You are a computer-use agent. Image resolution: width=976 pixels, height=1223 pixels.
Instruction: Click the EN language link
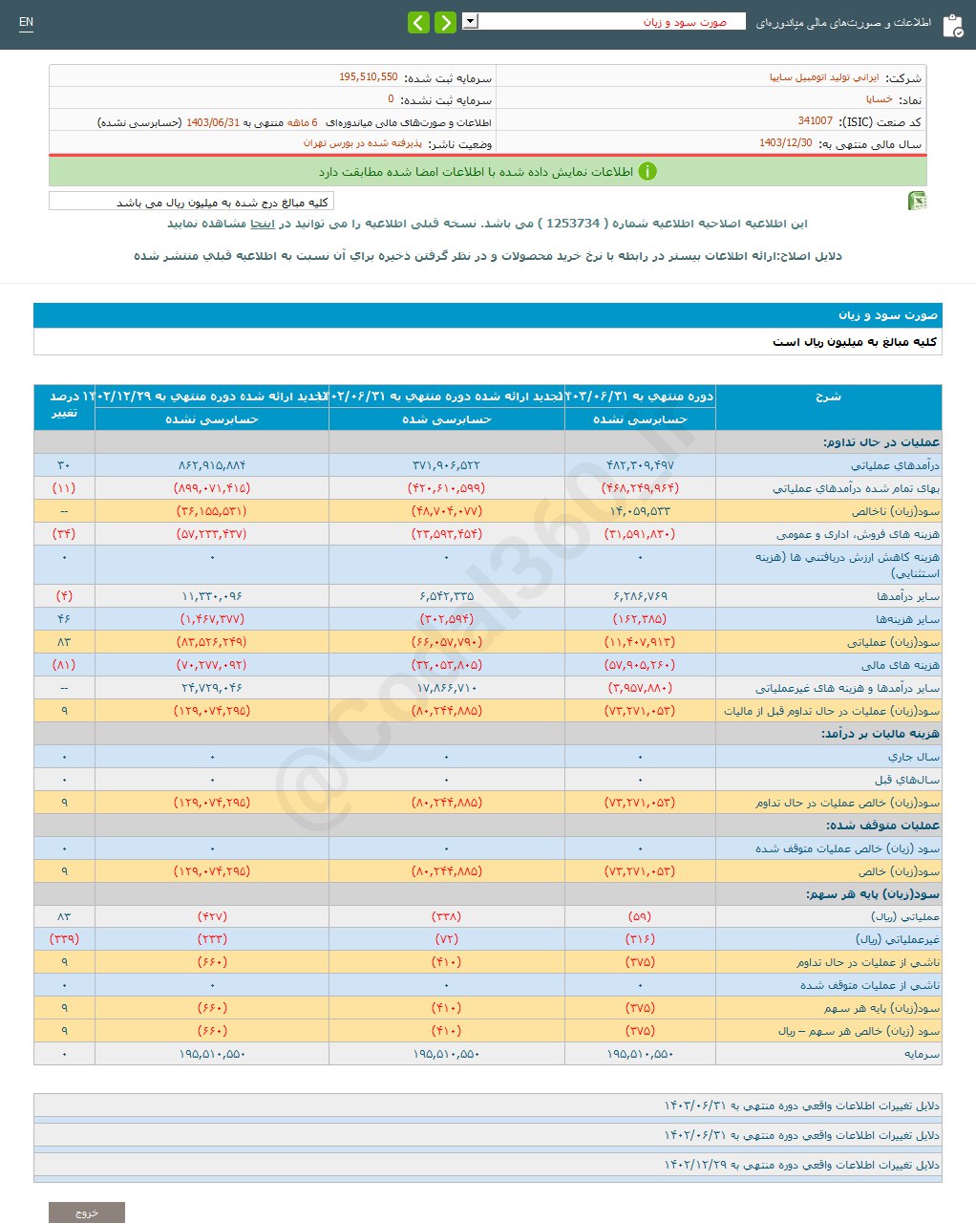26,22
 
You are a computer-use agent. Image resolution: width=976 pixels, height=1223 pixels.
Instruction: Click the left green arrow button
418,22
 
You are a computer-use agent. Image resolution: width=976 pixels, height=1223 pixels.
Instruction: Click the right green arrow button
445,22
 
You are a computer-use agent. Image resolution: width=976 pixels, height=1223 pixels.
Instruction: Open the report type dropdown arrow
470,21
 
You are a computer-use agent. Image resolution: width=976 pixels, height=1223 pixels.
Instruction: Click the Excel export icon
917,201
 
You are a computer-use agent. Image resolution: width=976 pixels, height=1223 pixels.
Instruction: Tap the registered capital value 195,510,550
368,77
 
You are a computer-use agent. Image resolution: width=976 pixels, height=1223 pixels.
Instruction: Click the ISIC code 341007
816,121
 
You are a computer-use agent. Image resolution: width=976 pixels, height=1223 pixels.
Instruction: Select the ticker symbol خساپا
880,99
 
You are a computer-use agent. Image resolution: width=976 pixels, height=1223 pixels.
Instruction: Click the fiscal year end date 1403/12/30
786,143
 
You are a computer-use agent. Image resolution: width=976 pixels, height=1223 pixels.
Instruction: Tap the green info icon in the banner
647,172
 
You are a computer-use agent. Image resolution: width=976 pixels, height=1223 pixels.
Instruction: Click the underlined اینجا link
263,224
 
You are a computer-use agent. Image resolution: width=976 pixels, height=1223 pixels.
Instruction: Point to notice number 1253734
573,224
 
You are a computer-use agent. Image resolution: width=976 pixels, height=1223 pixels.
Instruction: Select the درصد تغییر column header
64,405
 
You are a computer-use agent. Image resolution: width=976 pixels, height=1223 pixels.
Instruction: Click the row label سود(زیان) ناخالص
895,511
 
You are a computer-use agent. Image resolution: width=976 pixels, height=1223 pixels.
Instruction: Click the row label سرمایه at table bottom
922,1054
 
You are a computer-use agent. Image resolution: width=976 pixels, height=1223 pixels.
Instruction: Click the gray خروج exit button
87,1212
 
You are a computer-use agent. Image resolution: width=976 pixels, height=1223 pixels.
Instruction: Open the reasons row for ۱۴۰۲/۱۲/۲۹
801,1165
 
